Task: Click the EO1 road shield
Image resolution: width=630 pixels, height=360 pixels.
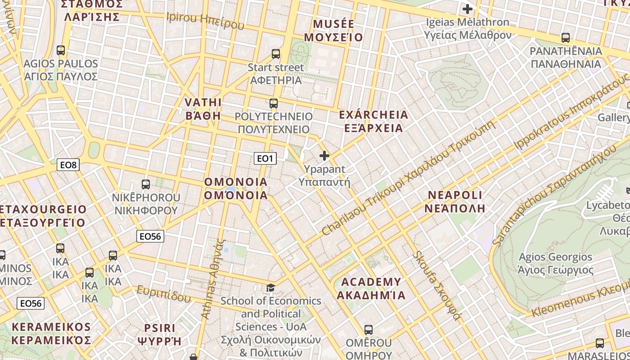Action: coord(265,158)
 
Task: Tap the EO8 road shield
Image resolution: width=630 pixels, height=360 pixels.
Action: coord(69,165)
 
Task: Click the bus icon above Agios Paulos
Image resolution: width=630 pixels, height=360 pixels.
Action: coord(61,50)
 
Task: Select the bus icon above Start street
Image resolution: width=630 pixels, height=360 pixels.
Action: coord(276,54)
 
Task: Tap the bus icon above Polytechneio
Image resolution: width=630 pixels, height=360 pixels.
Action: coord(273,103)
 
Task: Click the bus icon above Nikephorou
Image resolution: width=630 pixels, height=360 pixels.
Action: coord(146,184)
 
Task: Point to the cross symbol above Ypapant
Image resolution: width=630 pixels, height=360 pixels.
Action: coord(324,156)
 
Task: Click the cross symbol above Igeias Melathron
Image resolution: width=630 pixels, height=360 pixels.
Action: coord(468,9)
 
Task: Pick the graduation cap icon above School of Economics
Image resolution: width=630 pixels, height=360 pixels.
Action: coord(270,288)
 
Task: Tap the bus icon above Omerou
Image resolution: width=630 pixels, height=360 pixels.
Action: coord(369,329)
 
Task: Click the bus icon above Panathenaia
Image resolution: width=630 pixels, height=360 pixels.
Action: coord(566,38)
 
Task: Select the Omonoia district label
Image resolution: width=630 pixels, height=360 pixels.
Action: coord(236,189)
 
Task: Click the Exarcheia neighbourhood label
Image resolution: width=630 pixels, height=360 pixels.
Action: coord(373,121)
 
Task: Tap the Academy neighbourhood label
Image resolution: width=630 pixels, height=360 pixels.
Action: coord(371,288)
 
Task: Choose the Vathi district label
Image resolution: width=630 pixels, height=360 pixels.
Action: coord(203,109)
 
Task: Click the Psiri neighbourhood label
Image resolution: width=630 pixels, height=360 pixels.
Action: coord(162,334)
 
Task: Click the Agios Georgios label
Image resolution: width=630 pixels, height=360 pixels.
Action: coord(555,263)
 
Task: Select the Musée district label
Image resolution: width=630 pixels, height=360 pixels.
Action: coord(333,30)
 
